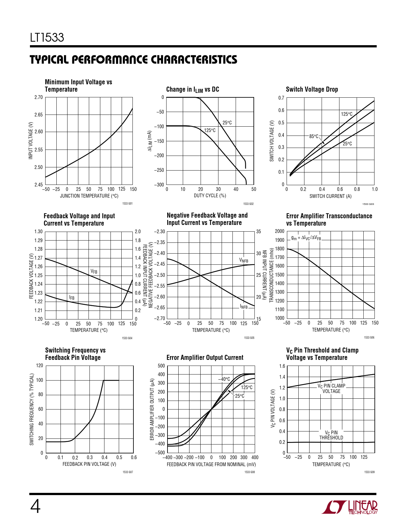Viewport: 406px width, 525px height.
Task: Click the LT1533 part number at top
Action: pyautogui.click(x=47, y=38)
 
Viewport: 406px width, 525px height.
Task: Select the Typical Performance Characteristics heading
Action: pyautogui.click(x=133, y=59)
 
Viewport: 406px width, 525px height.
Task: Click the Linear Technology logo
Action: pyautogui.click(x=350, y=507)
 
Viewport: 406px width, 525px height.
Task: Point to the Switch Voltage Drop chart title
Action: pyautogui.click(x=312, y=89)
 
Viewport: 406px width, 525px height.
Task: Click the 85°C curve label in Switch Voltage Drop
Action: pyautogui.click(x=314, y=136)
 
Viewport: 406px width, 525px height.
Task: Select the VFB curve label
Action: pyautogui.click(x=94, y=271)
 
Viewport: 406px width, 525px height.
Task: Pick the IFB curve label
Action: pyautogui.click(x=72, y=297)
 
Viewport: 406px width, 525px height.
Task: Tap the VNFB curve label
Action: pyautogui.click(x=244, y=260)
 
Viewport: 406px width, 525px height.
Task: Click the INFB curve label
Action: pyautogui.click(x=244, y=307)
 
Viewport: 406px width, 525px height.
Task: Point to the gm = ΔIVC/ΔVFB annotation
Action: pyautogui.click(x=306, y=238)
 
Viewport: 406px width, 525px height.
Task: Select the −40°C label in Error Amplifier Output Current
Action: pyautogui.click(x=224, y=379)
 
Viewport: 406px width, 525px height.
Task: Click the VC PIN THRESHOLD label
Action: pyautogui.click(x=331, y=435)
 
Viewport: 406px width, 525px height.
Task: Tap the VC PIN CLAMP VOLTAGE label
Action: pyautogui.click(x=331, y=388)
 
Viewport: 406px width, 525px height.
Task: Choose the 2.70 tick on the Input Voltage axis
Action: pyautogui.click(x=39, y=97)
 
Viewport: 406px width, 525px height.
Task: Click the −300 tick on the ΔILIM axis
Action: pyautogui.click(x=159, y=185)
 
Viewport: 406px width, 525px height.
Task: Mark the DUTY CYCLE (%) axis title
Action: pyautogui.click(x=210, y=196)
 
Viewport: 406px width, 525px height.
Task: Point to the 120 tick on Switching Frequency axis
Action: pyautogui.click(x=39, y=366)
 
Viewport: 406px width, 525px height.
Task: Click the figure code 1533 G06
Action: pyautogui.click(x=369, y=337)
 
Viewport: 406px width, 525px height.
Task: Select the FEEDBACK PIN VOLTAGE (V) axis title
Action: pyautogui.click(x=89, y=464)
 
